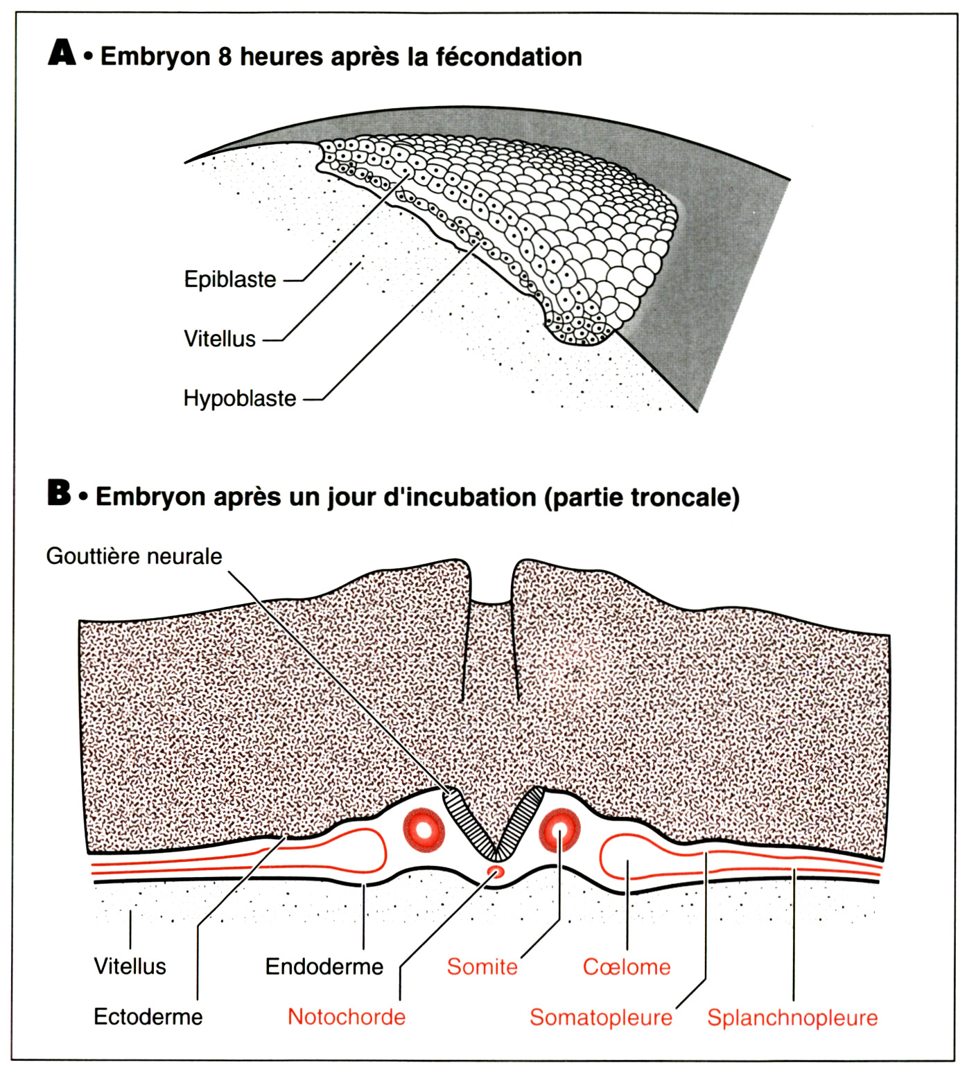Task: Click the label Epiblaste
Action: point(230,280)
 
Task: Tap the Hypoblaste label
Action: point(240,398)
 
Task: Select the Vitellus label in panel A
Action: point(220,339)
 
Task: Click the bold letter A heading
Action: point(62,53)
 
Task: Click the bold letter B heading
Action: point(60,493)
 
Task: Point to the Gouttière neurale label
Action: point(134,556)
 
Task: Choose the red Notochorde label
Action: point(347,1017)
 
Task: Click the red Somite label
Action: point(482,966)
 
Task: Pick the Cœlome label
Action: point(627,966)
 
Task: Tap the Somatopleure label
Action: point(601,1017)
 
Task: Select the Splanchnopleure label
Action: point(792,1017)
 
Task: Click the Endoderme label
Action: point(324,966)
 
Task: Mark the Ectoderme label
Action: point(148,1017)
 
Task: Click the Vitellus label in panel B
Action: point(130,966)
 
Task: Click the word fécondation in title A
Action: point(509,56)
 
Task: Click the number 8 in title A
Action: point(225,56)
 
